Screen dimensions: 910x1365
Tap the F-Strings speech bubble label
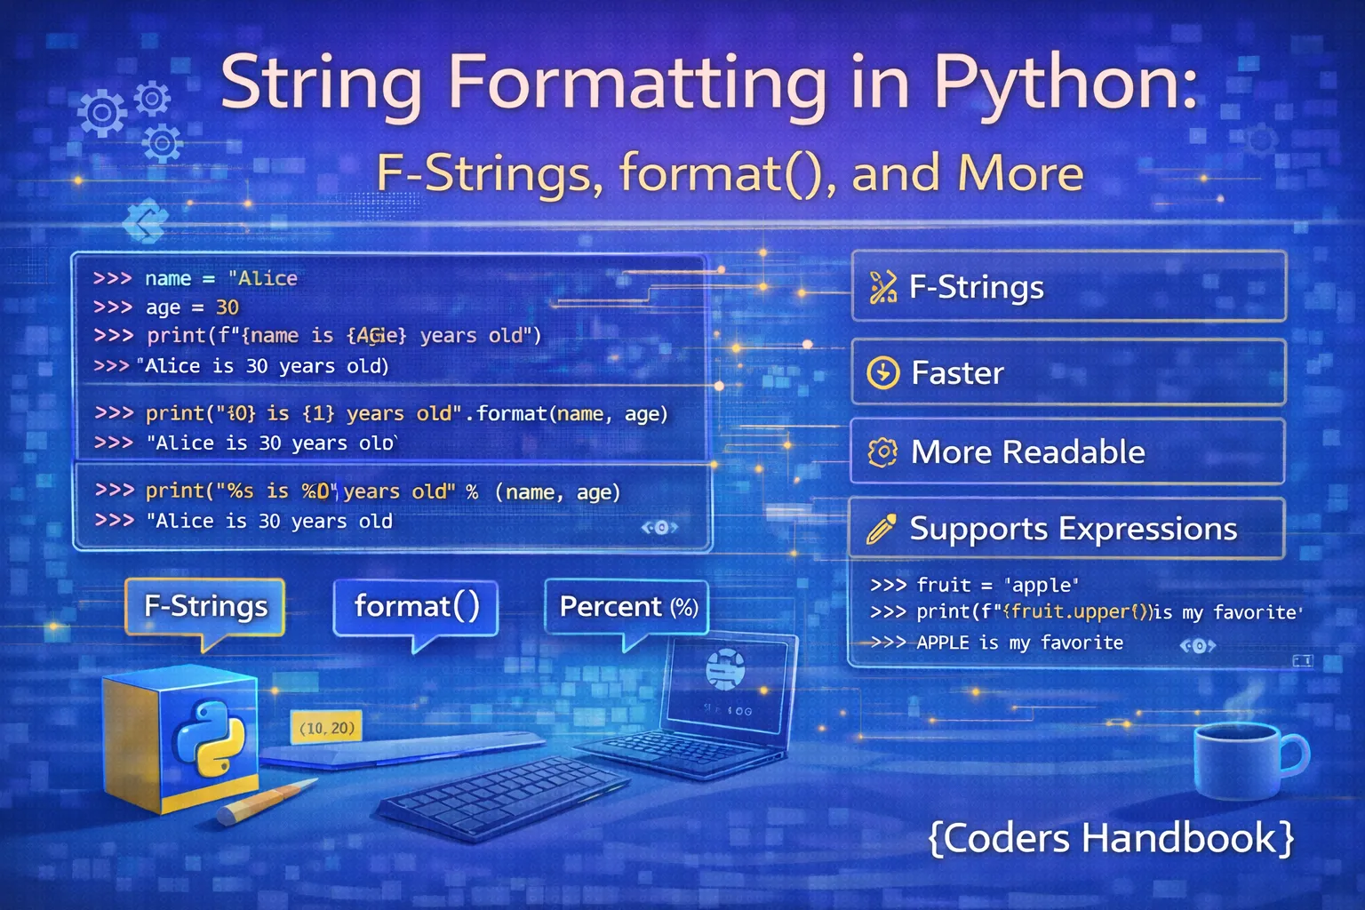(205, 606)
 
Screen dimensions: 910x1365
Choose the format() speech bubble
(416, 606)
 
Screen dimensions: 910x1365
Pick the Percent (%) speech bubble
(627, 607)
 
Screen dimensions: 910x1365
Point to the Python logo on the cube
(208, 737)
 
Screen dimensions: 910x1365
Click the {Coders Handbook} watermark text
(1111, 838)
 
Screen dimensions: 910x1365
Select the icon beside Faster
(882, 373)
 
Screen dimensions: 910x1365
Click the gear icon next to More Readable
(882, 452)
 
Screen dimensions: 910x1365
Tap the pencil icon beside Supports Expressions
(881, 530)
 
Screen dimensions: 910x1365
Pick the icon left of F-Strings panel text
(882, 287)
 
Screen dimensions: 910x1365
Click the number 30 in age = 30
(227, 307)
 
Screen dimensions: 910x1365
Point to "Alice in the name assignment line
(263, 278)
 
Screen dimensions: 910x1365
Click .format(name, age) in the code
(566, 413)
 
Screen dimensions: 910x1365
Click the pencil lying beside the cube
(267, 801)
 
